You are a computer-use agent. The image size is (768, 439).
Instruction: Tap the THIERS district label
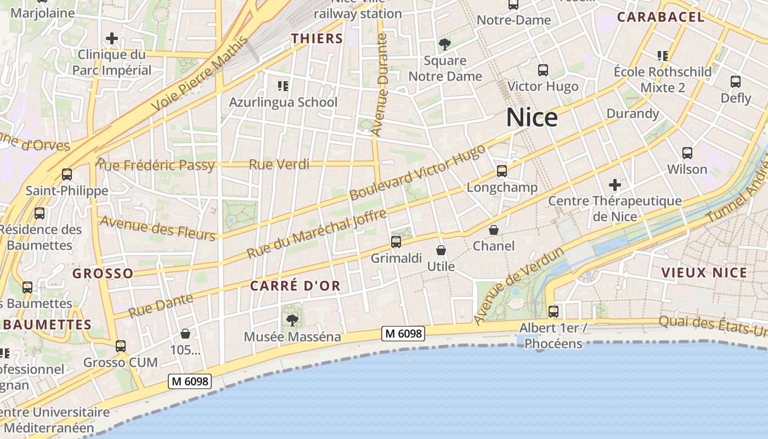tap(317, 38)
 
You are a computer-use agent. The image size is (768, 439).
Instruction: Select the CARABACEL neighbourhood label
tap(660, 17)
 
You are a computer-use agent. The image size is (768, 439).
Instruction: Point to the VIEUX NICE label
tap(704, 273)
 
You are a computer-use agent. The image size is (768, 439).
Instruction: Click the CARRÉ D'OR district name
tap(295, 286)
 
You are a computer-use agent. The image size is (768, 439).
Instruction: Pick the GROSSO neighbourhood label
tap(103, 273)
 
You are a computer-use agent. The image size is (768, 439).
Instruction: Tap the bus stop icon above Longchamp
tap(502, 171)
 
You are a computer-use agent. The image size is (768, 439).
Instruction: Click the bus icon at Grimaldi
tap(396, 241)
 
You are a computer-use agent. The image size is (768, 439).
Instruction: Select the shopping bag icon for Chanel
tap(494, 230)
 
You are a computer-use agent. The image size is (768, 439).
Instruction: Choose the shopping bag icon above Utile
tap(441, 251)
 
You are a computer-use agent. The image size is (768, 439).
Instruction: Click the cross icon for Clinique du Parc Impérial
tap(112, 38)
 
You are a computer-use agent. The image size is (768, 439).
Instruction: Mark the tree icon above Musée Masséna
tap(292, 320)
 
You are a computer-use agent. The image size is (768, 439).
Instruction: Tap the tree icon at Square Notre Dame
tap(445, 44)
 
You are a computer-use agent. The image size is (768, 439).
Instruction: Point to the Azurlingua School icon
tap(283, 86)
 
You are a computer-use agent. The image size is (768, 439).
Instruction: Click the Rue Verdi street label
tap(279, 164)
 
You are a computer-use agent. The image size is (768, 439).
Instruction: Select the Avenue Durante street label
tap(379, 85)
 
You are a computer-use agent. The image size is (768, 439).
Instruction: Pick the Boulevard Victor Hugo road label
tap(417, 172)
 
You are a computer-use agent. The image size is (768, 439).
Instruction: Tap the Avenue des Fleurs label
tap(158, 228)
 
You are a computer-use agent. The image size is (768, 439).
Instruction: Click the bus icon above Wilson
tap(687, 153)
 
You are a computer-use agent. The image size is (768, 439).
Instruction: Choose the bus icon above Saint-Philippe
tap(67, 175)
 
